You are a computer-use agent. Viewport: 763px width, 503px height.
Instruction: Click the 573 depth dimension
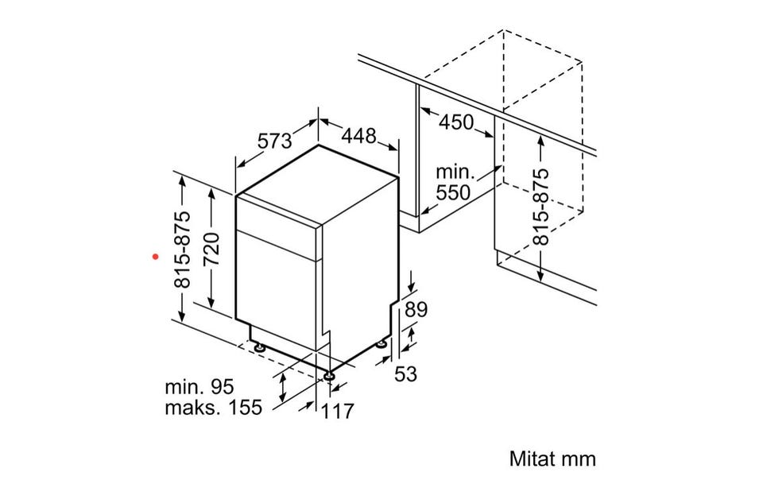[274, 141]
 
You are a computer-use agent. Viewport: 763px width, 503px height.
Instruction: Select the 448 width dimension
[358, 136]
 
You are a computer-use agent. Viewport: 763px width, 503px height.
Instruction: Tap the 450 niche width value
[456, 122]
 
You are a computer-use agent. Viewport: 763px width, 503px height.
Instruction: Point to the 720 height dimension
[213, 249]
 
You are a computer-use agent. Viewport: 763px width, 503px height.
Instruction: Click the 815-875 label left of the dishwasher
[184, 250]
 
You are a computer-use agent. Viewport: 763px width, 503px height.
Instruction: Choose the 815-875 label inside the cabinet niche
[540, 207]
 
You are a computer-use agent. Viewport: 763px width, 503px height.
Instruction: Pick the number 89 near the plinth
[416, 309]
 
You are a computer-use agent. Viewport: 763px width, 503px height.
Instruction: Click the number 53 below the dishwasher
[405, 374]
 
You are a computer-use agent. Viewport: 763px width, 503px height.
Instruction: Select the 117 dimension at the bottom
[338, 411]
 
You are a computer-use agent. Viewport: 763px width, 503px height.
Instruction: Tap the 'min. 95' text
[199, 387]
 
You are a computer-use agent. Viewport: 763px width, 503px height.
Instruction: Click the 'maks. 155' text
[214, 407]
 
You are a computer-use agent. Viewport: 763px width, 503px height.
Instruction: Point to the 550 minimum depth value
[453, 193]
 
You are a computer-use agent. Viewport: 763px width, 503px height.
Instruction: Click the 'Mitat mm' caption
[552, 459]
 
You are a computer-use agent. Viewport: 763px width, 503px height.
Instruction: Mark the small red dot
[156, 256]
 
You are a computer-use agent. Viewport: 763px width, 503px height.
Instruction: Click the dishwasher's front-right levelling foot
[329, 376]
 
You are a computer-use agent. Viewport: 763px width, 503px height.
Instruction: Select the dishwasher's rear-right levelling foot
[382, 344]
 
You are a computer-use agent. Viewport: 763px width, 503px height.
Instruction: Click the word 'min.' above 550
[455, 172]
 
